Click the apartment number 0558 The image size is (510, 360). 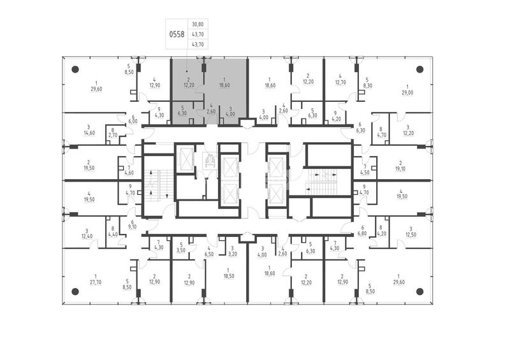coord(177,34)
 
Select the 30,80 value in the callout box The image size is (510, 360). coord(198,24)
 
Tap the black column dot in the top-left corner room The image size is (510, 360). coord(75,69)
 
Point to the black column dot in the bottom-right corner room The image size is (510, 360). coord(419,291)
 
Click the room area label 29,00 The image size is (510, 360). coord(407,92)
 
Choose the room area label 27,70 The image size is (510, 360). coord(96,283)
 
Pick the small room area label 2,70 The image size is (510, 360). coord(113,135)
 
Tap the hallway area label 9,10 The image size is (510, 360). coord(133,227)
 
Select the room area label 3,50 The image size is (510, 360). coord(181,250)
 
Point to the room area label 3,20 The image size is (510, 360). coord(233,254)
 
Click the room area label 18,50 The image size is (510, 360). coord(229,276)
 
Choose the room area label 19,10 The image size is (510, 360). coord(400,169)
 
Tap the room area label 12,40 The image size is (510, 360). coord(87,236)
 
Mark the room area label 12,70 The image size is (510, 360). coord(340,82)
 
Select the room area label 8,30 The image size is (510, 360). coord(367,85)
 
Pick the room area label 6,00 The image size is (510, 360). coord(133,121)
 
